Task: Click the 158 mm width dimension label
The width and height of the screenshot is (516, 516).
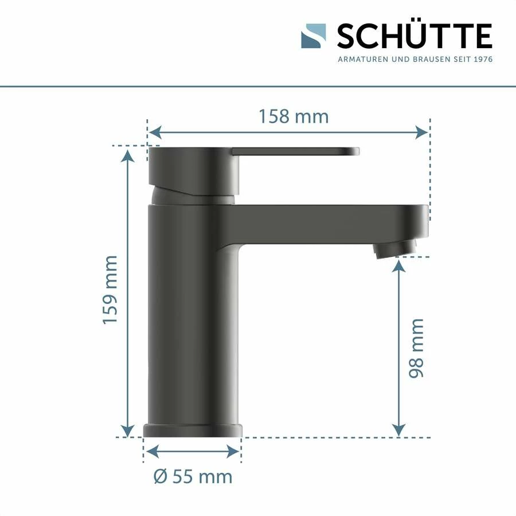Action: tap(294, 116)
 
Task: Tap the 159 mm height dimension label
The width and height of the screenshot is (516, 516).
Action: tap(110, 290)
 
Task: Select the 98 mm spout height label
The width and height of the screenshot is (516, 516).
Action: tap(416, 348)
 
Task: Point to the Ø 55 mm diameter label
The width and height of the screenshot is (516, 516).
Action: tap(193, 476)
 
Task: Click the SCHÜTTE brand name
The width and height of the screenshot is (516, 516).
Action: tap(414, 37)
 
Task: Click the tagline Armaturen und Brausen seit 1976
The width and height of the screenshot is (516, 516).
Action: tap(415, 59)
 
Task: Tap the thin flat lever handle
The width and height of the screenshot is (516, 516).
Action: tap(295, 151)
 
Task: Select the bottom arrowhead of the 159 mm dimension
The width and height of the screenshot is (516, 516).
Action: tap(128, 430)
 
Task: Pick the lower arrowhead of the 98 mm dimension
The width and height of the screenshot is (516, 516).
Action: tap(399, 430)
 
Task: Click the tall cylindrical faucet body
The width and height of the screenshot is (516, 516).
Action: tap(193, 315)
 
